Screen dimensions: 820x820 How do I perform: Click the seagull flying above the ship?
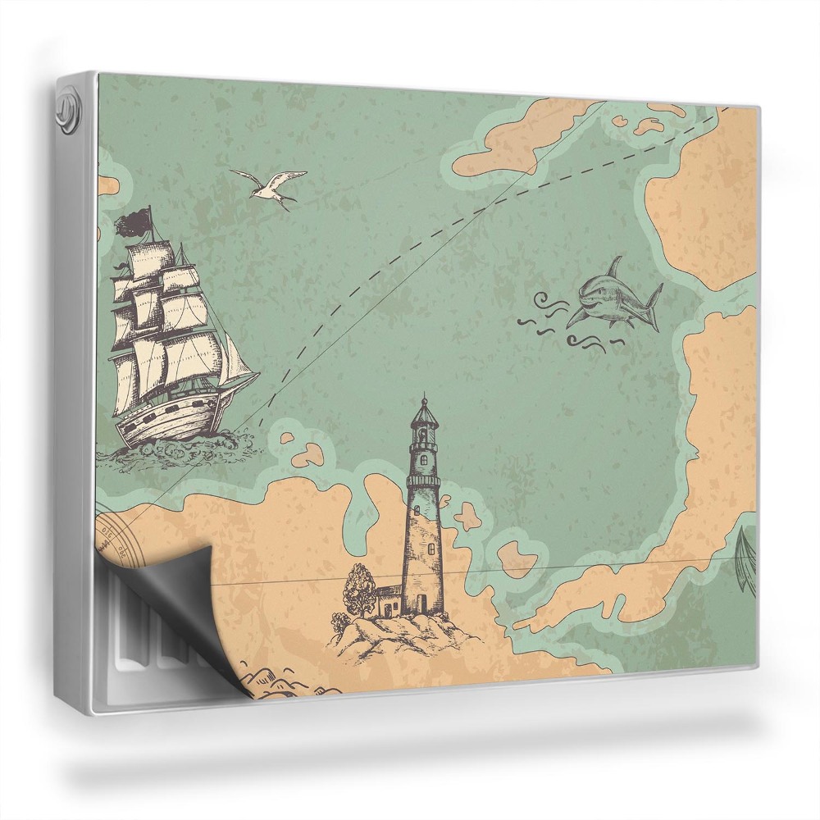(x=267, y=188)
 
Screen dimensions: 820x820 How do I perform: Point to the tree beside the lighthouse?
(x=359, y=585)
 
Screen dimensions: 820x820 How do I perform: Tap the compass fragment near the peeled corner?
(x=115, y=537)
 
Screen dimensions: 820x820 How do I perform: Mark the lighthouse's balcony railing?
(x=423, y=481)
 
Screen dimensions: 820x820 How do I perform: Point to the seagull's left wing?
(x=246, y=176)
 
